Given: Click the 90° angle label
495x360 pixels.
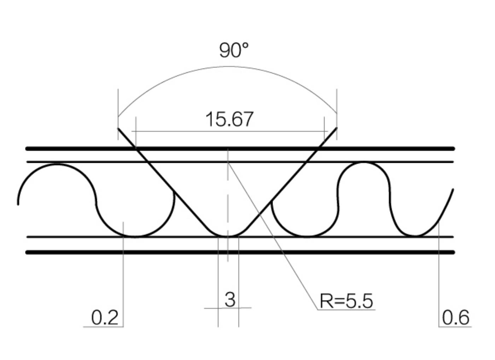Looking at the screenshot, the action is click(x=234, y=51).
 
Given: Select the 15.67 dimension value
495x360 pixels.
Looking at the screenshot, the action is click(x=229, y=119).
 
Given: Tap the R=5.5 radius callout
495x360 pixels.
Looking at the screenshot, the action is click(x=346, y=301).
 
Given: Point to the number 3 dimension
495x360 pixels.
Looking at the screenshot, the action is click(x=230, y=300).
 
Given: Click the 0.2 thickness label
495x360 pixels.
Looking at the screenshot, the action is click(x=105, y=318).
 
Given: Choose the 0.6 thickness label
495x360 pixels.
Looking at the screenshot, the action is click(x=456, y=318).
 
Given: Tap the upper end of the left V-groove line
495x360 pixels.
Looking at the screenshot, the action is click(x=118, y=128).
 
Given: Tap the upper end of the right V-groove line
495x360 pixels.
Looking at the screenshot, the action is click(x=337, y=128).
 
